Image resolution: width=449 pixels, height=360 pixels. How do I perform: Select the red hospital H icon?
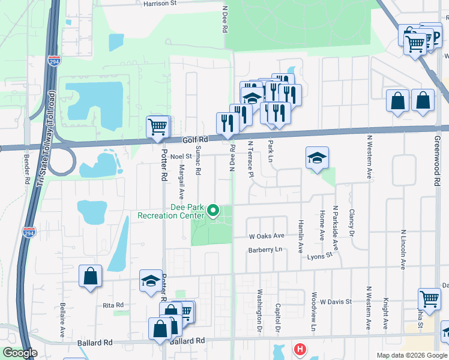299,348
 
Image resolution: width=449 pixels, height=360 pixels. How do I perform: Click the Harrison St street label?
160,3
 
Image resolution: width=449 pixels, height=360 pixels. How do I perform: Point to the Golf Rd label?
194,140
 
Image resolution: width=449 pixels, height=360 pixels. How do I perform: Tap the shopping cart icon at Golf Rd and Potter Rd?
157,127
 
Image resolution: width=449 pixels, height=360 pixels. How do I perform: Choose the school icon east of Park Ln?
317,158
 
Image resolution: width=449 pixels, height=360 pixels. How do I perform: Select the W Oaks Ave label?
265,236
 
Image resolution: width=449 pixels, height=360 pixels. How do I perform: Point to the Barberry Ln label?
265,250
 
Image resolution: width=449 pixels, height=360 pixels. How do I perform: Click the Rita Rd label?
113,305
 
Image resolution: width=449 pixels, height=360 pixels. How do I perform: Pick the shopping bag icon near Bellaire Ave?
90,277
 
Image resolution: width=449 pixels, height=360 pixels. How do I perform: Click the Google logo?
20,353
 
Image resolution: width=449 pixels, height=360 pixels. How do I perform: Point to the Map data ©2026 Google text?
412,355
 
